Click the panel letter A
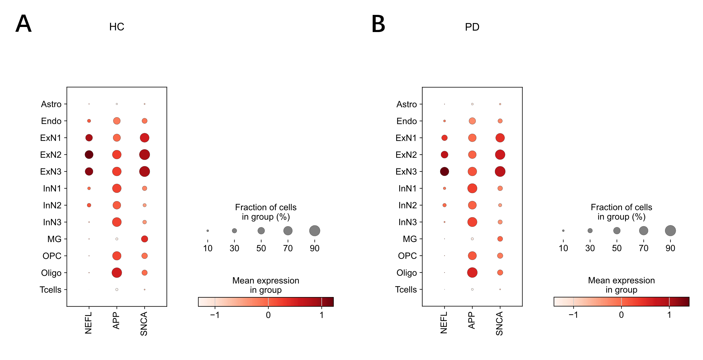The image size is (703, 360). pyautogui.click(x=23, y=24)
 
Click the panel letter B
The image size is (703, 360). pyautogui.click(x=378, y=24)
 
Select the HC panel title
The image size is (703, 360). pyautogui.click(x=117, y=27)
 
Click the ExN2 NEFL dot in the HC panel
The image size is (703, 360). pyautogui.click(x=89, y=155)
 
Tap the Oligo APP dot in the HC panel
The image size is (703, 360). pyautogui.click(x=117, y=273)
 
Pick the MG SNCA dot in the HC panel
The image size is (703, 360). pyautogui.click(x=145, y=239)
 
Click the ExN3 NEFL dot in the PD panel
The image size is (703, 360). pyautogui.click(x=444, y=171)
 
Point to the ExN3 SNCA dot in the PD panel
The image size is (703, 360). pyautogui.click(x=500, y=171)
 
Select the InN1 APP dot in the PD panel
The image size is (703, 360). pyautogui.click(x=472, y=188)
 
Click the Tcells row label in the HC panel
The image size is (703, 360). pyautogui.click(x=51, y=290)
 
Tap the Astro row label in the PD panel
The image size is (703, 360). pyautogui.click(x=407, y=104)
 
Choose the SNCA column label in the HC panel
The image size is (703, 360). pyautogui.click(x=144, y=324)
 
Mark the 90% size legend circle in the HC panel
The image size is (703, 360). pyautogui.click(x=315, y=231)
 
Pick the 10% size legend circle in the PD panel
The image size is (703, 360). pyautogui.click(x=563, y=231)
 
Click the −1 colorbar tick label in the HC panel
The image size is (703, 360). pyautogui.click(x=215, y=315)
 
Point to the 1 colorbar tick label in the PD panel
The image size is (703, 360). pyautogui.click(x=669, y=315)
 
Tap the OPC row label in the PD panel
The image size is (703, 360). pyautogui.click(x=407, y=256)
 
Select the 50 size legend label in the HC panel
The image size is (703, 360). pyautogui.click(x=261, y=248)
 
